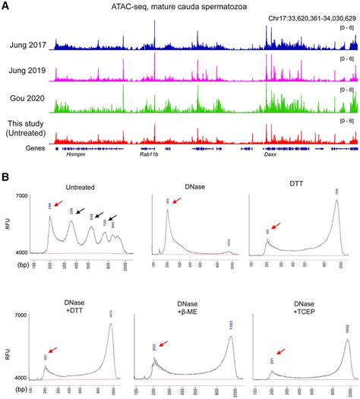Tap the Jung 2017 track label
tap(26, 46)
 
